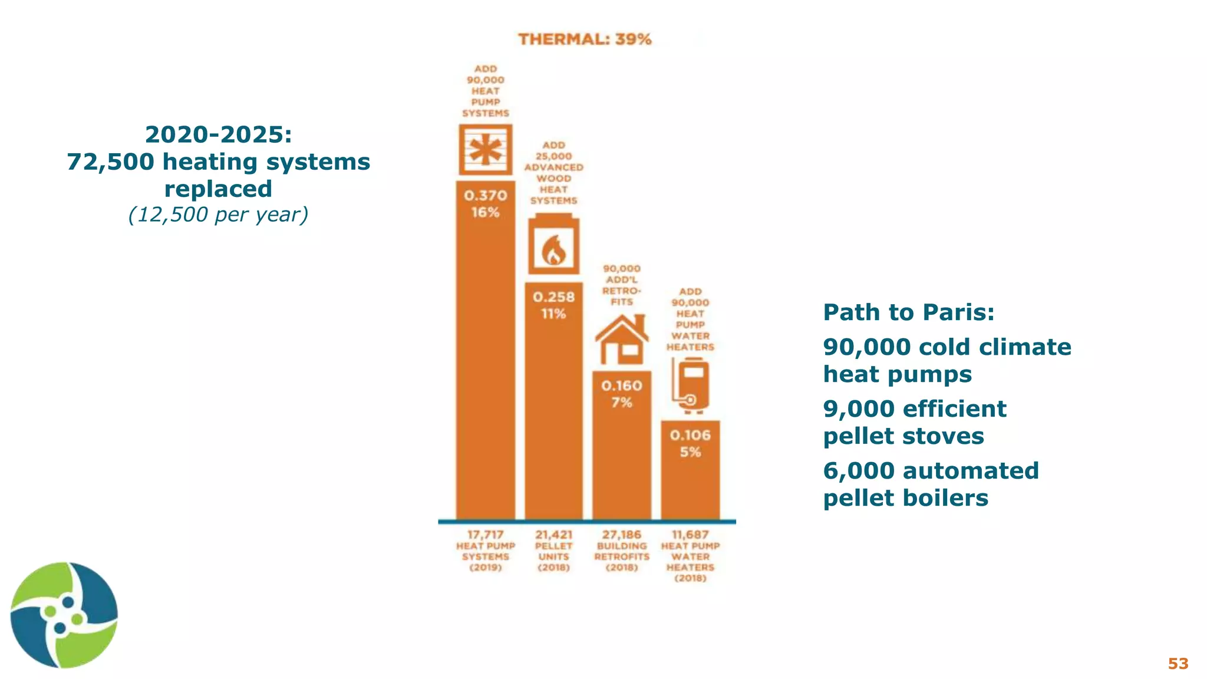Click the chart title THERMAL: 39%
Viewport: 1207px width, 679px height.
[x=585, y=39]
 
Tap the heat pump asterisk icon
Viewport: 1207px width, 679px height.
[x=486, y=149]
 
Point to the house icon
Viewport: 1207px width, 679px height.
[x=622, y=340]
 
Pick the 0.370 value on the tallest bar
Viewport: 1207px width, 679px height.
[x=486, y=195]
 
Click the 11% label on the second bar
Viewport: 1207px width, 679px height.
[x=553, y=314]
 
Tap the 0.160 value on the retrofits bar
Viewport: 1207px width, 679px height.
[x=622, y=386]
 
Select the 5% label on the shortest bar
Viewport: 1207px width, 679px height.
[x=690, y=452]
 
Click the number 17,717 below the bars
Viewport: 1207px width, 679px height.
[x=486, y=535]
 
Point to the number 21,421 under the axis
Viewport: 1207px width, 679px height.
[x=553, y=535]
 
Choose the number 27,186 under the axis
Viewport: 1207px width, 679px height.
[x=622, y=535]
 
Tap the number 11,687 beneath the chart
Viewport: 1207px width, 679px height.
[x=690, y=535]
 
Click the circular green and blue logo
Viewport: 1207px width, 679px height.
[x=64, y=615]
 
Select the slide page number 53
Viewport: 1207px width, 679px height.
[x=1178, y=664]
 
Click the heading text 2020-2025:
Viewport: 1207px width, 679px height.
[x=218, y=135]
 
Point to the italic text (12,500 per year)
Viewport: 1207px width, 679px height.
[x=218, y=215]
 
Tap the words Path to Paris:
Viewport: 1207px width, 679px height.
[x=908, y=312]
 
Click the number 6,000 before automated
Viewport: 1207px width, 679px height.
[x=858, y=471]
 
